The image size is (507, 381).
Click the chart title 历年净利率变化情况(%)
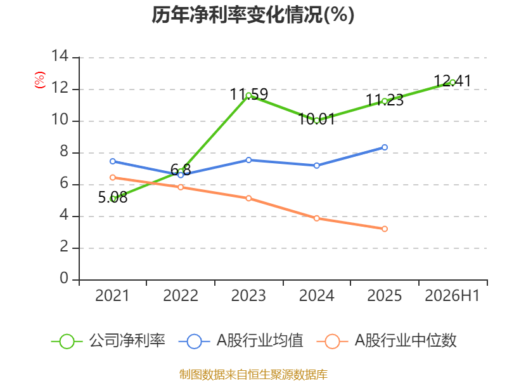(x=253, y=15)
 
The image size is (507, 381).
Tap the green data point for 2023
(x=248, y=96)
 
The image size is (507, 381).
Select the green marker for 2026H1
(x=452, y=83)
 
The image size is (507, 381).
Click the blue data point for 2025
(x=385, y=147)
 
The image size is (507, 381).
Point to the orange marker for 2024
(x=316, y=218)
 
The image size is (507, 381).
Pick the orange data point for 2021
(x=113, y=178)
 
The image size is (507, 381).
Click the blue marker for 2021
(x=113, y=161)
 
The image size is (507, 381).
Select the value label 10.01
(x=316, y=119)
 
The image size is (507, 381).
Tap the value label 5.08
(x=113, y=197)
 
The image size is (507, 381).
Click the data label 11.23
(x=385, y=100)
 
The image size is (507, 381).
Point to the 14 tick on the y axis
(x=60, y=56)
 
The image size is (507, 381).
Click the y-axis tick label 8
(x=65, y=151)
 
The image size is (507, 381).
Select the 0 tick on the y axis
(x=65, y=278)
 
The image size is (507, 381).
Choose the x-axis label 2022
(x=181, y=296)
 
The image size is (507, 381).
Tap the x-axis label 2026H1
(x=452, y=296)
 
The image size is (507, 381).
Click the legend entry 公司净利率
(x=108, y=341)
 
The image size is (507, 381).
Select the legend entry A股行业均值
(x=241, y=341)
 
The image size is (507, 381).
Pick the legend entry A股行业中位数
(x=387, y=341)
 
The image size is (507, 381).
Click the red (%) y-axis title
(x=39, y=80)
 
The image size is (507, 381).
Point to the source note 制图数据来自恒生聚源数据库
(x=253, y=375)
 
